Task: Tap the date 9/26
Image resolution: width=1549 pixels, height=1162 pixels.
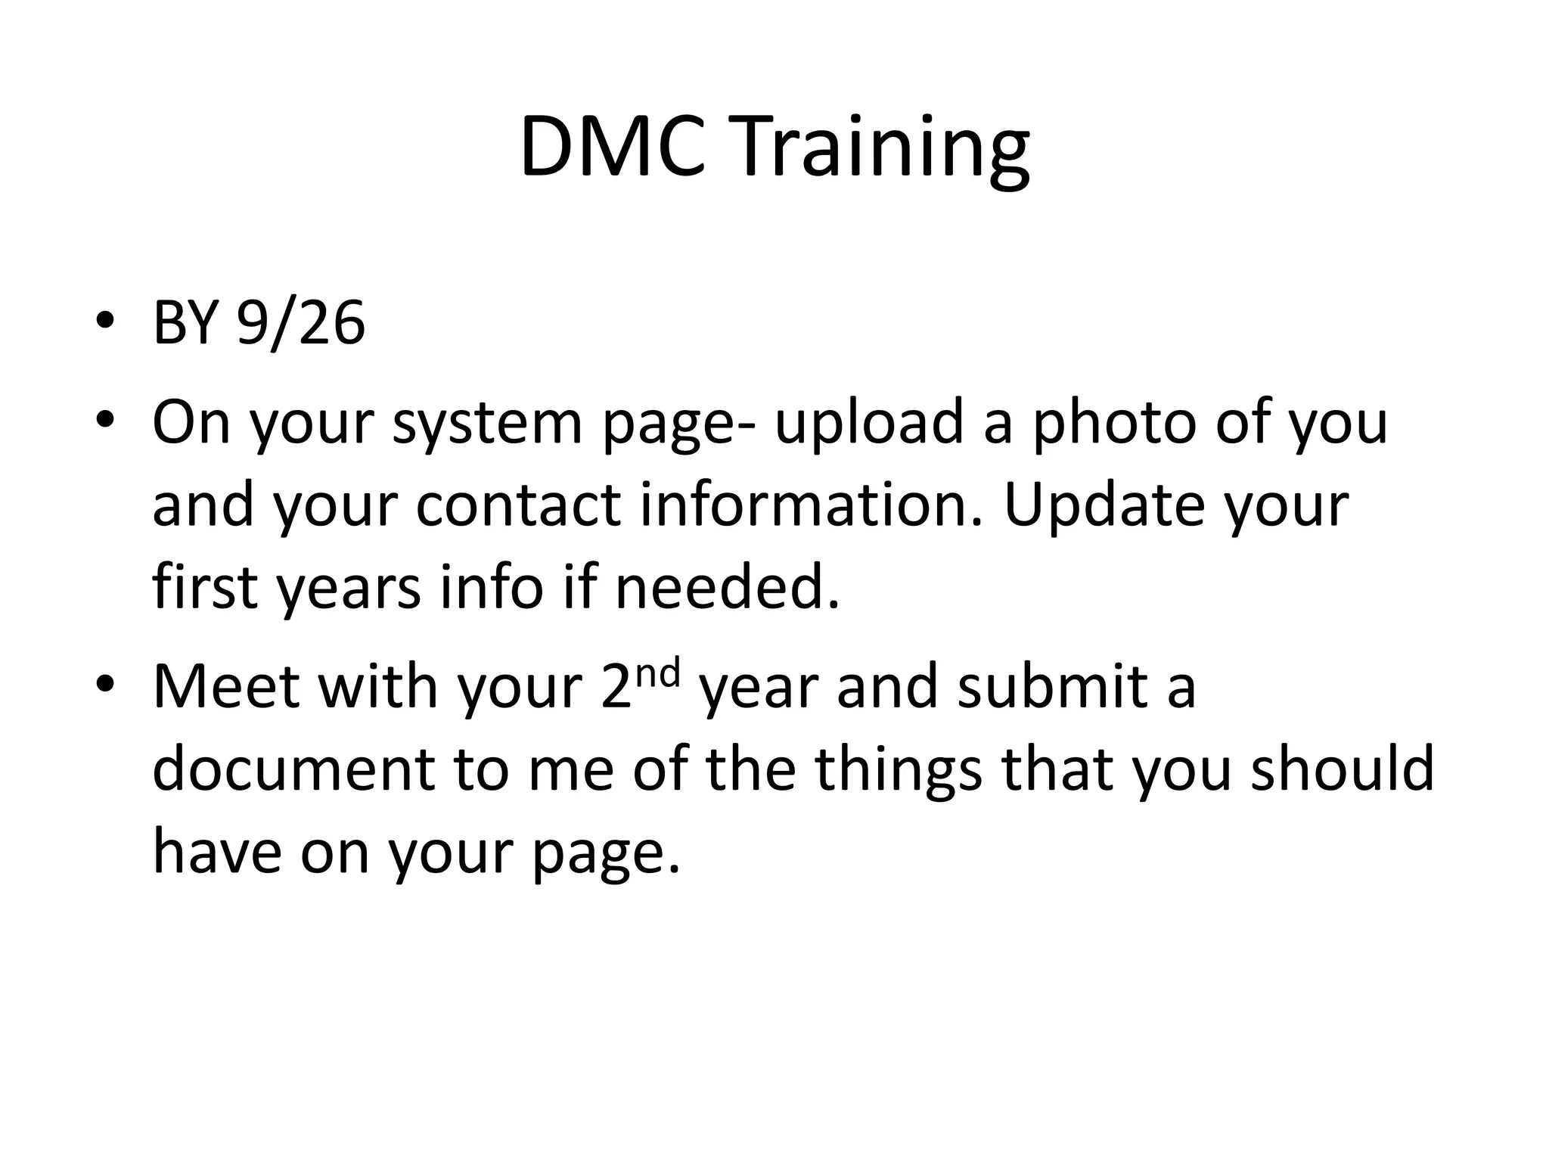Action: click(x=301, y=324)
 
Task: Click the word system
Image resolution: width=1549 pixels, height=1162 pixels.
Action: click(x=487, y=424)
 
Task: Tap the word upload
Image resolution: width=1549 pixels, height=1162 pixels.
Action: click(x=869, y=424)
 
